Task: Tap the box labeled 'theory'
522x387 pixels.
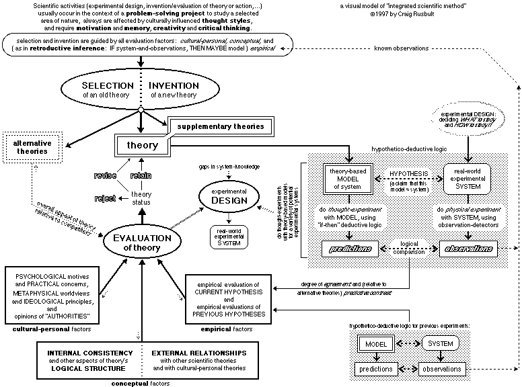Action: coord(142,144)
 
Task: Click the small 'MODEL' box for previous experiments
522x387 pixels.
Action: coord(374,344)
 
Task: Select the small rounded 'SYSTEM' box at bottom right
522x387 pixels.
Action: coord(441,344)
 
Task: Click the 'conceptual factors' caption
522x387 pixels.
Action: coord(140,383)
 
